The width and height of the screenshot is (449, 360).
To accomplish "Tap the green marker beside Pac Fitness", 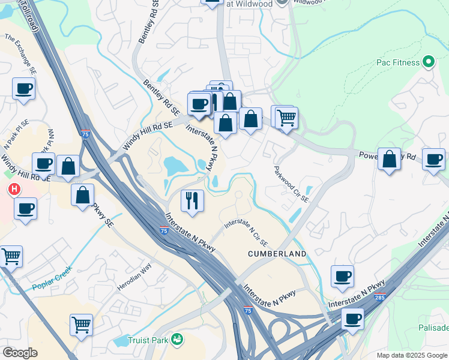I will click(429, 62).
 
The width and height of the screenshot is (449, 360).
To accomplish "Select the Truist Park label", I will click(149, 340).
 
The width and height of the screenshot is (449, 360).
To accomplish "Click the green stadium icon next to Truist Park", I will click(176, 340).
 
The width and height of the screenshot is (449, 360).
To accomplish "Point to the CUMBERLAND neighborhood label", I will click(277, 254).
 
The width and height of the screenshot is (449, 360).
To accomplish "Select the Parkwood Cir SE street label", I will click(291, 184).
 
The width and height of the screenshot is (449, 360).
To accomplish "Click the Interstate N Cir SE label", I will click(246, 232).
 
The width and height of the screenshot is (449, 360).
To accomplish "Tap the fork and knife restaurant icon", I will click(192, 200).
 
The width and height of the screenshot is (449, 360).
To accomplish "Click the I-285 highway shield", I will click(379, 296).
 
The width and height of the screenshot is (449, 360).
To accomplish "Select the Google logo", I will click(20, 353).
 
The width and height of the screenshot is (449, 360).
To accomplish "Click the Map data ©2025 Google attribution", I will click(411, 355).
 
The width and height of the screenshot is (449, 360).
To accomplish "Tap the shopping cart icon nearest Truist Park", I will click(81, 325).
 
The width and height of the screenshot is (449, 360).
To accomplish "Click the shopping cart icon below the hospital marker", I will click(10, 256).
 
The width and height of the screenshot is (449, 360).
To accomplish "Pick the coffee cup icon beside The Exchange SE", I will click(23, 88).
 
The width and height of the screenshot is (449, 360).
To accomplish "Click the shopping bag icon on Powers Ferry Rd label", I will click(389, 159).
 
